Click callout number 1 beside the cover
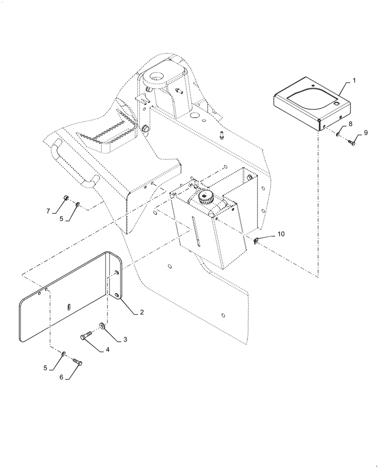point(354,81)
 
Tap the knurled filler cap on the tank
point(205,197)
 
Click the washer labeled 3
point(102,325)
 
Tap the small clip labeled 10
point(257,241)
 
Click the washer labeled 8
point(338,135)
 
